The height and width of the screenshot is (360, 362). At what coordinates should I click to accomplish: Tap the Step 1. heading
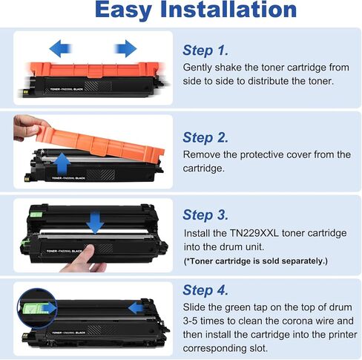coord(205,50)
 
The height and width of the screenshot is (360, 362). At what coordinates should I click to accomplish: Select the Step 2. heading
coord(206,137)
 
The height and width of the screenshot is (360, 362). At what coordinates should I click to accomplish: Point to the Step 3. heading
coord(206,215)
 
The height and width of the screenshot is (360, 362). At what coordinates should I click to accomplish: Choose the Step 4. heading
coord(206,290)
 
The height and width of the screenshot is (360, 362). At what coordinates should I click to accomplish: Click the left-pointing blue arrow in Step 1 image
coord(62,50)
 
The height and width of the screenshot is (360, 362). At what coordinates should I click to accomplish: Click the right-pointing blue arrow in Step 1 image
coord(125,50)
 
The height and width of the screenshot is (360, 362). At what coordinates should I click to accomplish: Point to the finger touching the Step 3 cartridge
coord(88,257)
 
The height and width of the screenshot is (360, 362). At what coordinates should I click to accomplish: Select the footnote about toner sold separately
coord(254,262)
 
